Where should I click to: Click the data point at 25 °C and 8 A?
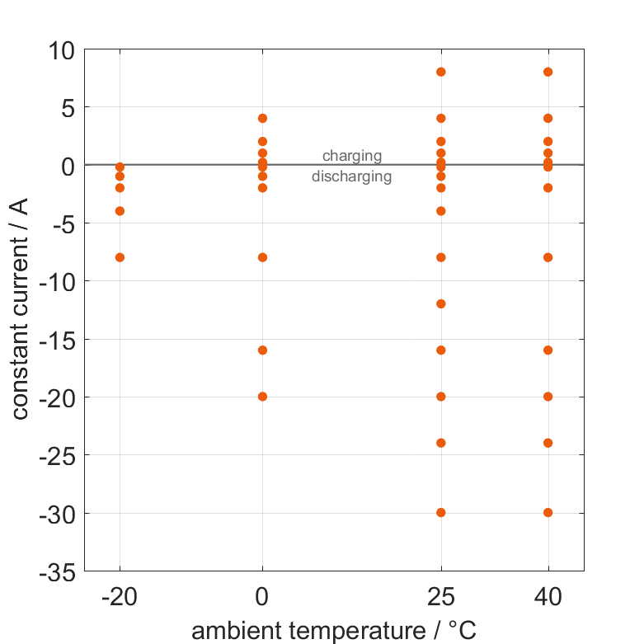coord(441,72)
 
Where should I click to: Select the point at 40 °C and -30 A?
coord(548,512)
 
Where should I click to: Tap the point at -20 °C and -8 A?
coord(120,257)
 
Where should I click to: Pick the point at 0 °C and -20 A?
coord(262,397)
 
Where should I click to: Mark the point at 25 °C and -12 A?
coord(441,303)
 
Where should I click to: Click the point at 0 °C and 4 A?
coord(262,118)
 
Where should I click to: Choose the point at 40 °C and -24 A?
coord(548,443)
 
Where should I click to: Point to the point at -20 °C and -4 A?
coord(120,211)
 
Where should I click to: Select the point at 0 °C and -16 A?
coord(262,350)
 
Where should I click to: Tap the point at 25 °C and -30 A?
coord(441,512)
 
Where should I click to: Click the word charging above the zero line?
coord(352,155)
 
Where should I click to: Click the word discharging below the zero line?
coord(352,176)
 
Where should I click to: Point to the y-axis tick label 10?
coord(58,49)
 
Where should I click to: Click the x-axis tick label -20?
coord(120,596)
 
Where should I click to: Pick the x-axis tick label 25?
coord(441,596)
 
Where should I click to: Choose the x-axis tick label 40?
coord(548,596)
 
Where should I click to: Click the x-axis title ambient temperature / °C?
coord(334,631)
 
